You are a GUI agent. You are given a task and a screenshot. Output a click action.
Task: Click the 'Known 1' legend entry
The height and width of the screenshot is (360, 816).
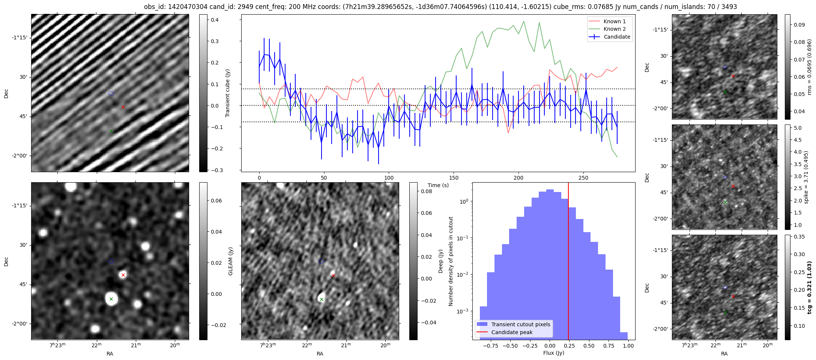(x=614, y=21)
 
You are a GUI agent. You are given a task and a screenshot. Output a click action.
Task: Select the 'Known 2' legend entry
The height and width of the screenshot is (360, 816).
(x=614, y=29)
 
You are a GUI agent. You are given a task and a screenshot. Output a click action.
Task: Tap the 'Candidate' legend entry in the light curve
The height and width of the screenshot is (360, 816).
(x=617, y=37)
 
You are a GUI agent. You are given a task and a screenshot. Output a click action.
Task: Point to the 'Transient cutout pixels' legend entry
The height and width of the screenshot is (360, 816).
(x=520, y=324)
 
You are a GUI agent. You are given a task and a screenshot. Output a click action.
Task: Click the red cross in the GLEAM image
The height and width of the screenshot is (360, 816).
(x=123, y=275)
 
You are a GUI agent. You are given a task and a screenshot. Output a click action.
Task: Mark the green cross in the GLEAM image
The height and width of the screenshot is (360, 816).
(x=111, y=299)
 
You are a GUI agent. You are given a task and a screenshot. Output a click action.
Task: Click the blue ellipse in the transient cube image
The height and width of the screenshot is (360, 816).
(x=111, y=93)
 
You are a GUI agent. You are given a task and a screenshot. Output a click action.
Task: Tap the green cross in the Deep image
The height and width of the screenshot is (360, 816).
(x=322, y=299)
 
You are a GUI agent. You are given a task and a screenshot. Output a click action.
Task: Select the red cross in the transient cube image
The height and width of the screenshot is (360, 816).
(x=123, y=107)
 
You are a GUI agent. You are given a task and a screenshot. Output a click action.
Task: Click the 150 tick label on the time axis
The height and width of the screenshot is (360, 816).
(x=454, y=178)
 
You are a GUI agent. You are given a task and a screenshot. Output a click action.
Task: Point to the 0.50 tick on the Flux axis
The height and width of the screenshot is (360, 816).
(x=589, y=346)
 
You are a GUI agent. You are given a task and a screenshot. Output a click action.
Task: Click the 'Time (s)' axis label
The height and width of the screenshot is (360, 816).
(x=438, y=185)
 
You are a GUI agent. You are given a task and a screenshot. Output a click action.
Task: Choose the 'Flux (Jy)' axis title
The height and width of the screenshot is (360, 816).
(x=553, y=353)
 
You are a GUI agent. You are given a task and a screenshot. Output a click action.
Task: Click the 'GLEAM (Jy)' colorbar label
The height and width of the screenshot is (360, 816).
(x=230, y=261)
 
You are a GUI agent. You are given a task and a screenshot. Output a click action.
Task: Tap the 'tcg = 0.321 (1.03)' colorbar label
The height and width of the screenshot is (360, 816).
(x=809, y=287)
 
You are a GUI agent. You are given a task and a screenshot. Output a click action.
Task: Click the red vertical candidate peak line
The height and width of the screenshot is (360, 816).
(x=568, y=262)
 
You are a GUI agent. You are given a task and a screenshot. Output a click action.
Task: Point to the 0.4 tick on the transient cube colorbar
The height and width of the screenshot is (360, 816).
(x=215, y=20)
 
